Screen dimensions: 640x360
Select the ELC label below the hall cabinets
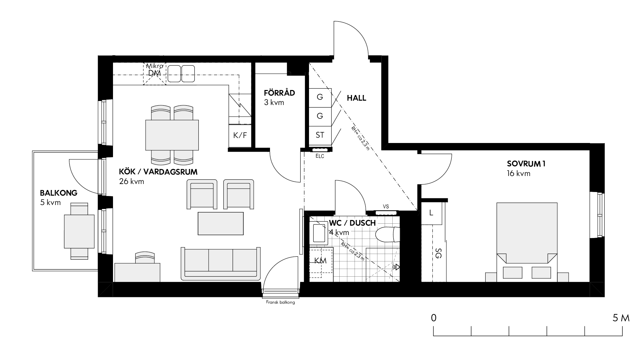319,156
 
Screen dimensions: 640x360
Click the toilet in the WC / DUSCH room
387,234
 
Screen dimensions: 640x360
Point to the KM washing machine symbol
321,260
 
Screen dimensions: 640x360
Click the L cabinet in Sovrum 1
431,213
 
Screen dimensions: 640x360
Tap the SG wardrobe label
438,255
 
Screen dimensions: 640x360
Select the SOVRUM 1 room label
526,164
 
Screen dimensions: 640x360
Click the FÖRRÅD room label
279,93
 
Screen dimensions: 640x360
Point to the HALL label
356,98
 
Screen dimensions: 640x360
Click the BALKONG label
59,193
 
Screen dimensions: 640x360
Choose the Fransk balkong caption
280,303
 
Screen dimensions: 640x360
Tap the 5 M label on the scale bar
621,318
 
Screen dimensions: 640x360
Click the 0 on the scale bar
433,318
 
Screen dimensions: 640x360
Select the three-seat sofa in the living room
220,264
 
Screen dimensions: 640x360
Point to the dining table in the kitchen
172,135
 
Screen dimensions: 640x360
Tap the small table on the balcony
79,231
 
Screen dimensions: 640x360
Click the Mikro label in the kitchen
155,66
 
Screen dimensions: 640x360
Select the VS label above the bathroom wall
386,207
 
